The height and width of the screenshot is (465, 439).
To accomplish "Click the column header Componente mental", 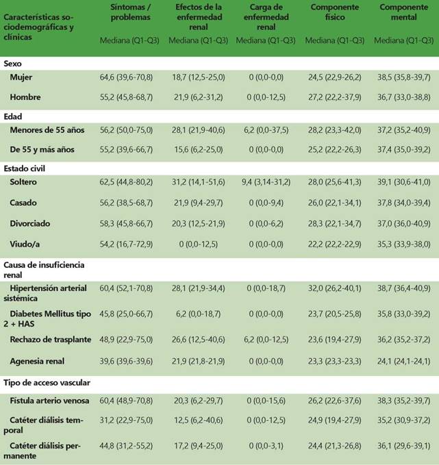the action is click(403, 12).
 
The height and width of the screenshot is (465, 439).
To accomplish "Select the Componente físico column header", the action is click(335, 12).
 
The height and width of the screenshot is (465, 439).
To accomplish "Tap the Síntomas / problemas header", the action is click(131, 12).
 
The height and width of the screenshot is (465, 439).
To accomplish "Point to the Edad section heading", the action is click(13, 116).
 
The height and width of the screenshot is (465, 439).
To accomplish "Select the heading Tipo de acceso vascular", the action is click(47, 383).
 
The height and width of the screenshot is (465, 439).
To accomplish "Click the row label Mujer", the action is click(21, 77).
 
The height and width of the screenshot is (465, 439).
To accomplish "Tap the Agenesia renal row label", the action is click(37, 361).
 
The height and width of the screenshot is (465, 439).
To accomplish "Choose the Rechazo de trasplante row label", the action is click(51, 339).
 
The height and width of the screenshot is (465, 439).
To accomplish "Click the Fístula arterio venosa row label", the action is click(49, 401).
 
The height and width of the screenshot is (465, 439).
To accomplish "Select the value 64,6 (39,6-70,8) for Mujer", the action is click(126, 77).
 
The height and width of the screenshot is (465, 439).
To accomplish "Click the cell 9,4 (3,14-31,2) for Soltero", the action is click(266, 181).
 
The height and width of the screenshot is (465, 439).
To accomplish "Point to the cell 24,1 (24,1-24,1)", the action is click(403, 361).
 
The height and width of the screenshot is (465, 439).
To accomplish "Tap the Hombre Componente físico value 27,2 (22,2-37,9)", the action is click(335, 97).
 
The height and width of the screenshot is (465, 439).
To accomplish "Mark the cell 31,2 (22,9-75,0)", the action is click(126, 420).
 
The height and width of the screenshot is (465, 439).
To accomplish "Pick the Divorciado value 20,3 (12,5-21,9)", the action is click(199, 223).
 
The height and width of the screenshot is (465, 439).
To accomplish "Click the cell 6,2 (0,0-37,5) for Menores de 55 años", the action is click(266, 130).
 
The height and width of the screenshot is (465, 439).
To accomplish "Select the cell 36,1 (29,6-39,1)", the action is click(403, 446).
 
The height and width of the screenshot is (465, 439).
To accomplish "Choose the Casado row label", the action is click(23, 203).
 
